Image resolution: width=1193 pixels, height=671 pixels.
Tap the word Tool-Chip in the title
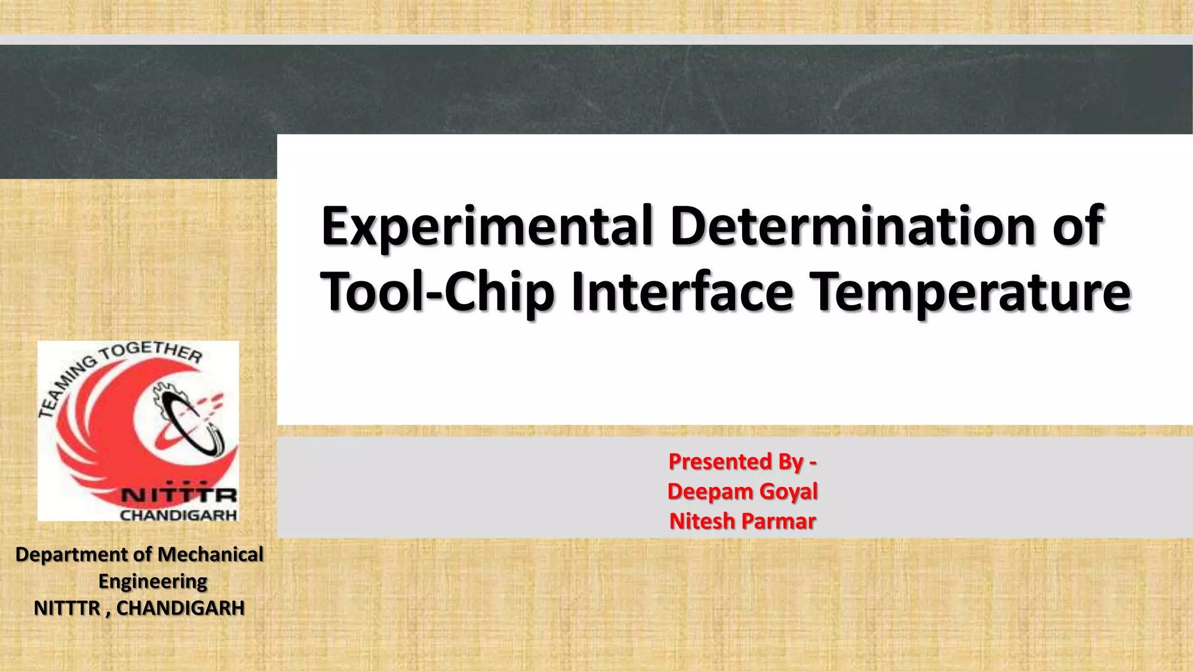pos(437,292)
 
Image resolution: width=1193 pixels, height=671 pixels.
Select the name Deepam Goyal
pos(743,491)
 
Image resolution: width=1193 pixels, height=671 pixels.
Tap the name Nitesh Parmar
pos(743,521)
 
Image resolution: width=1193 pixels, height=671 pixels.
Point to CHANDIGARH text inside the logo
pos(178,515)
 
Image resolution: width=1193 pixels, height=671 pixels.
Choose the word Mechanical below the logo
pos(210,554)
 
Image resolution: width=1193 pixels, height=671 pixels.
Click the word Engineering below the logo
pos(153,581)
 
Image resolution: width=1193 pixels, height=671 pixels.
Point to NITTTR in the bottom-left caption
pos(67,608)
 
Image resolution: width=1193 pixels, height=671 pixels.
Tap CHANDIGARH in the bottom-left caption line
pos(180,608)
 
